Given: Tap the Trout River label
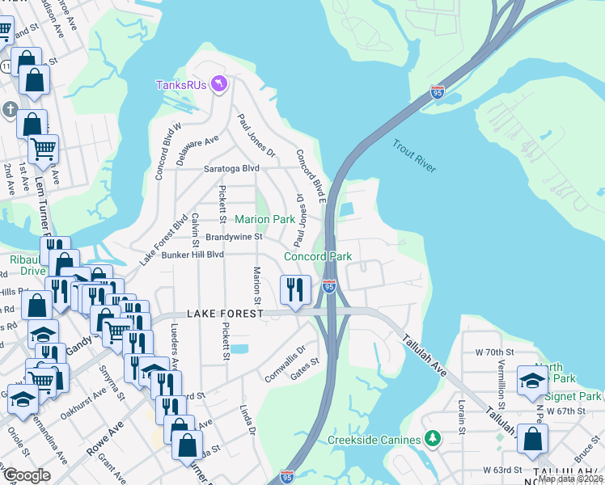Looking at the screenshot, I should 414,156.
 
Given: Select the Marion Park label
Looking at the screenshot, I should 264,219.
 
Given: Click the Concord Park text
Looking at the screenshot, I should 318,256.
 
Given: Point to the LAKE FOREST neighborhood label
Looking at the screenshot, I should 226,313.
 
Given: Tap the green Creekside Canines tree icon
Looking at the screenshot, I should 434,439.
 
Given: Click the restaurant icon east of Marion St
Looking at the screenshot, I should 294,289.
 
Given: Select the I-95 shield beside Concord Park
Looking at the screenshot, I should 328,286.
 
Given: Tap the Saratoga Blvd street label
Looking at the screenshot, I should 231,168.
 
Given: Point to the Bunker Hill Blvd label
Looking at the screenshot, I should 192,254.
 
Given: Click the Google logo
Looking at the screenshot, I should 27,475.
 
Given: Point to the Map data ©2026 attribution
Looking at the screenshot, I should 569,479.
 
